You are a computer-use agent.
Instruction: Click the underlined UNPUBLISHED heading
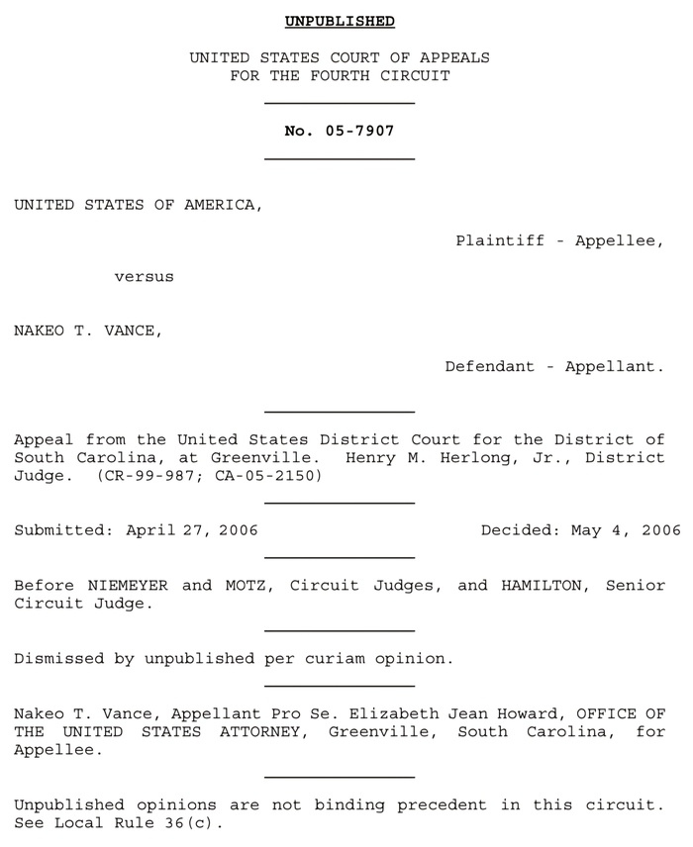(340, 21)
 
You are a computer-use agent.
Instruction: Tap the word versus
(144, 277)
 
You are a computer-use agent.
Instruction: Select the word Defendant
(489, 366)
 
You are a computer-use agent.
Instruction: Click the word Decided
(519, 530)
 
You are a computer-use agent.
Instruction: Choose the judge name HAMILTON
(541, 585)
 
